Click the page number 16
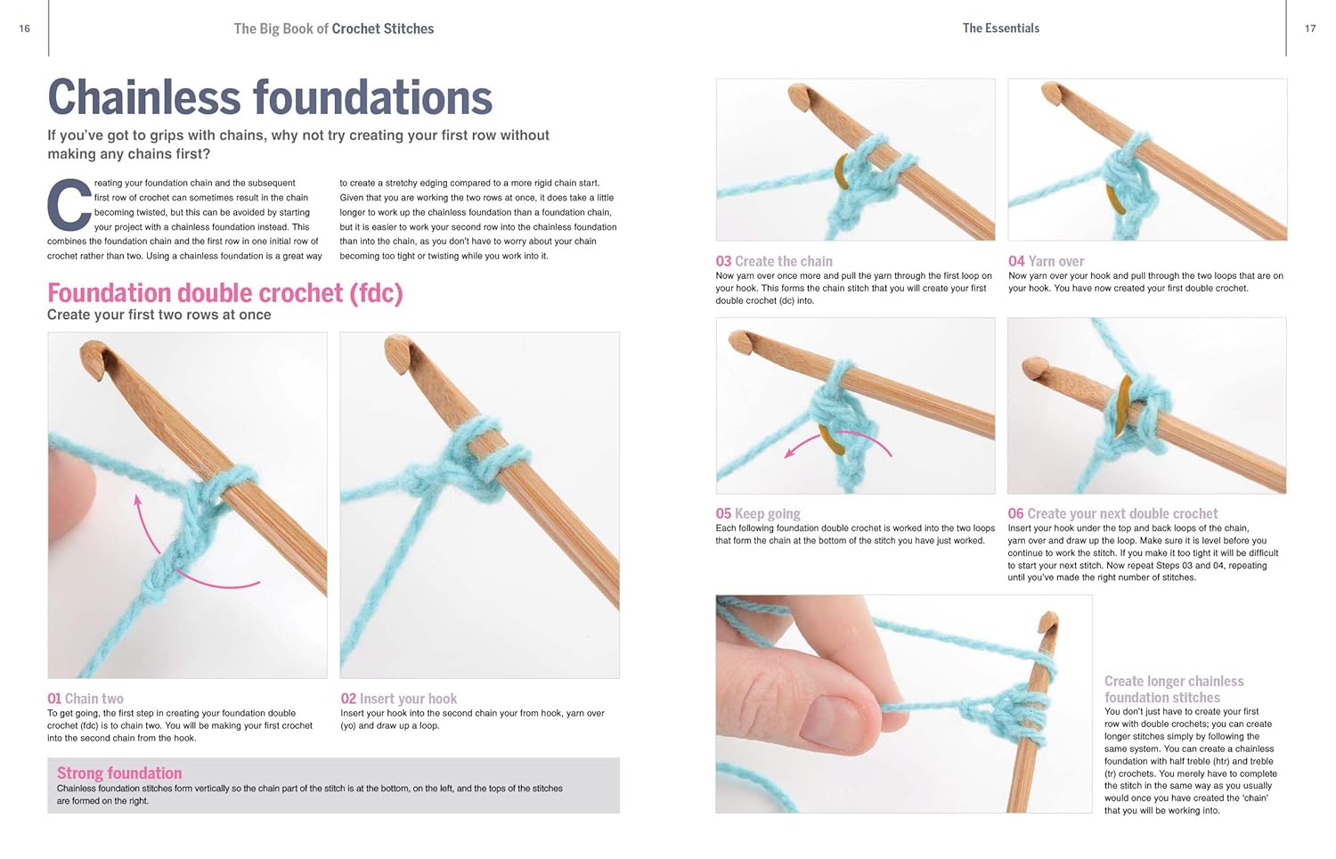pos(24,29)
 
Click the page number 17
pos(1310,29)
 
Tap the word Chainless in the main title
pos(143,97)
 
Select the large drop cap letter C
pos(69,204)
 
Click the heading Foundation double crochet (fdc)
pos(224,292)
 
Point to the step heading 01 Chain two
pos(86,699)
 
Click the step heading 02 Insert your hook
pos(398,699)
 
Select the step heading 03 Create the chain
pos(773,261)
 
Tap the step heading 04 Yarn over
pos(1046,261)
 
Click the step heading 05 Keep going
pos(757,513)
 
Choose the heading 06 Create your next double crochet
pos(1112,513)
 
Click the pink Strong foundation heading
pos(119,773)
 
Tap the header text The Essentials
pos(1000,29)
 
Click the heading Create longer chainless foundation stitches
pos(1173,689)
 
